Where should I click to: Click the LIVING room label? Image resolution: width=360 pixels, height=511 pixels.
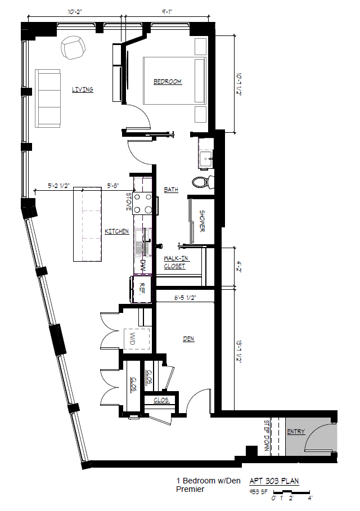(82, 89)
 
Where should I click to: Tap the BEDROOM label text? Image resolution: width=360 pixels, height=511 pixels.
(168, 82)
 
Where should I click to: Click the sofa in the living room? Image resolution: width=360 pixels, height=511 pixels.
(48, 98)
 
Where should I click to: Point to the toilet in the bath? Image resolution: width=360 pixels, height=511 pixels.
(202, 182)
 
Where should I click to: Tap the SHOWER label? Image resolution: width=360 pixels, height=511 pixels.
(202, 221)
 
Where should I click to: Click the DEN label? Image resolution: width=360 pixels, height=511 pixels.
(188, 339)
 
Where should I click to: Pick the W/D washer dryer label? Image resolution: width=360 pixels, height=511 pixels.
(133, 339)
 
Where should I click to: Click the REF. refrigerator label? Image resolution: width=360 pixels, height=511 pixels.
(143, 289)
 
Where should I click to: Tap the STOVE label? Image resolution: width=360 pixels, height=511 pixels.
(129, 203)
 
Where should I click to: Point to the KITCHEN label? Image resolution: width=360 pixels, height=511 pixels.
(116, 231)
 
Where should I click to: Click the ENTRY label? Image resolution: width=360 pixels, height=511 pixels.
(295, 432)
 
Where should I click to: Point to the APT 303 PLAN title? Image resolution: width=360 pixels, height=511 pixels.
(274, 481)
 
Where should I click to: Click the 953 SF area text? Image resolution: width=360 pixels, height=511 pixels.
(259, 491)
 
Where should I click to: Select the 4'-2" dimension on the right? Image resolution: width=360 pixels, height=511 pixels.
(238, 266)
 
